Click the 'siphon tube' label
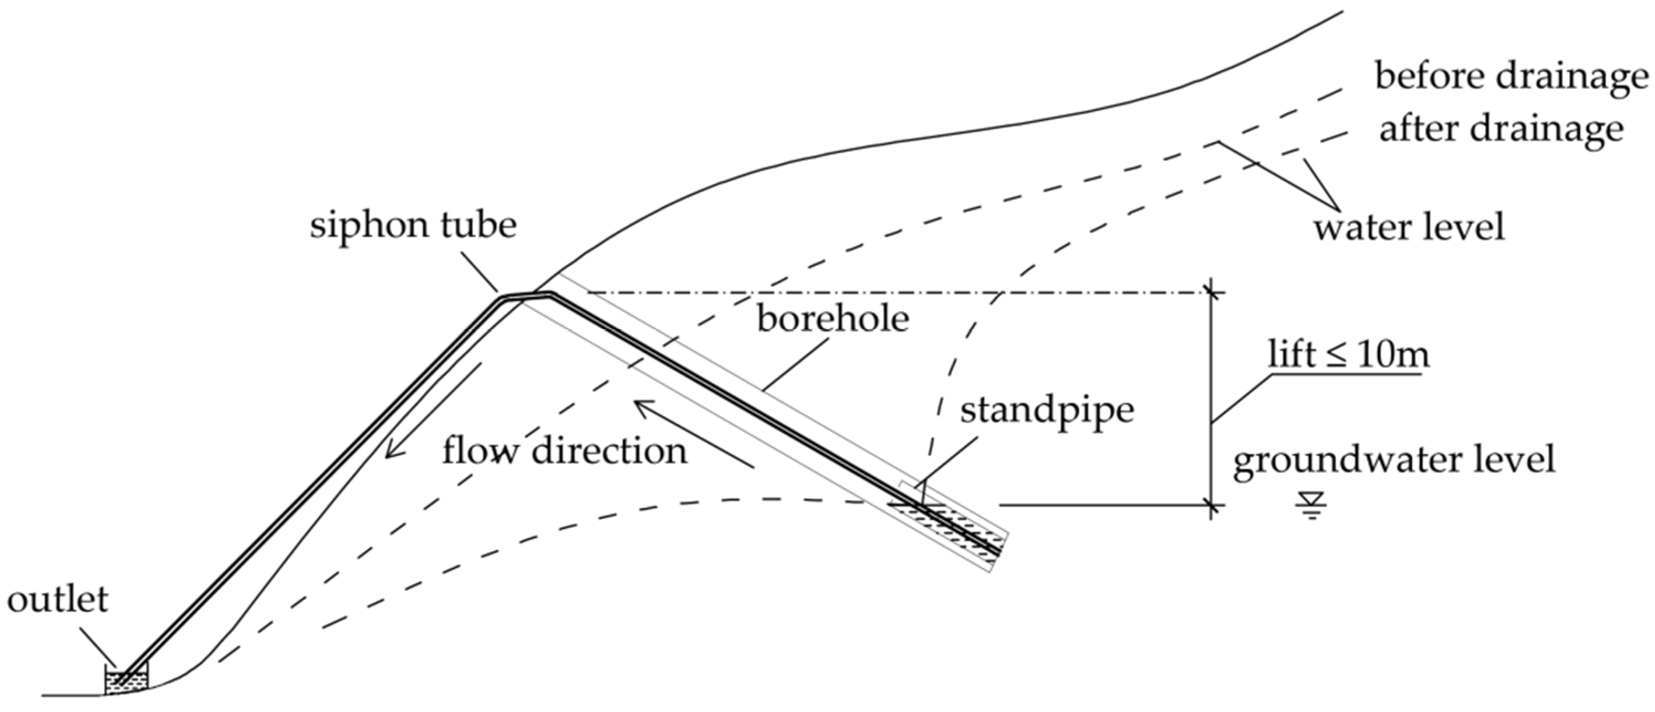tap(413, 226)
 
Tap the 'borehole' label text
tap(833, 319)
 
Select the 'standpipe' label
tap(1047, 411)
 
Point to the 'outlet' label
tap(58, 600)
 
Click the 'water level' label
tap(1409, 227)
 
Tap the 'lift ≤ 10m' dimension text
tap(1349, 354)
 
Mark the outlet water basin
tap(127, 680)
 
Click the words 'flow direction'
tap(564, 451)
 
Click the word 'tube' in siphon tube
tap(480, 226)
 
